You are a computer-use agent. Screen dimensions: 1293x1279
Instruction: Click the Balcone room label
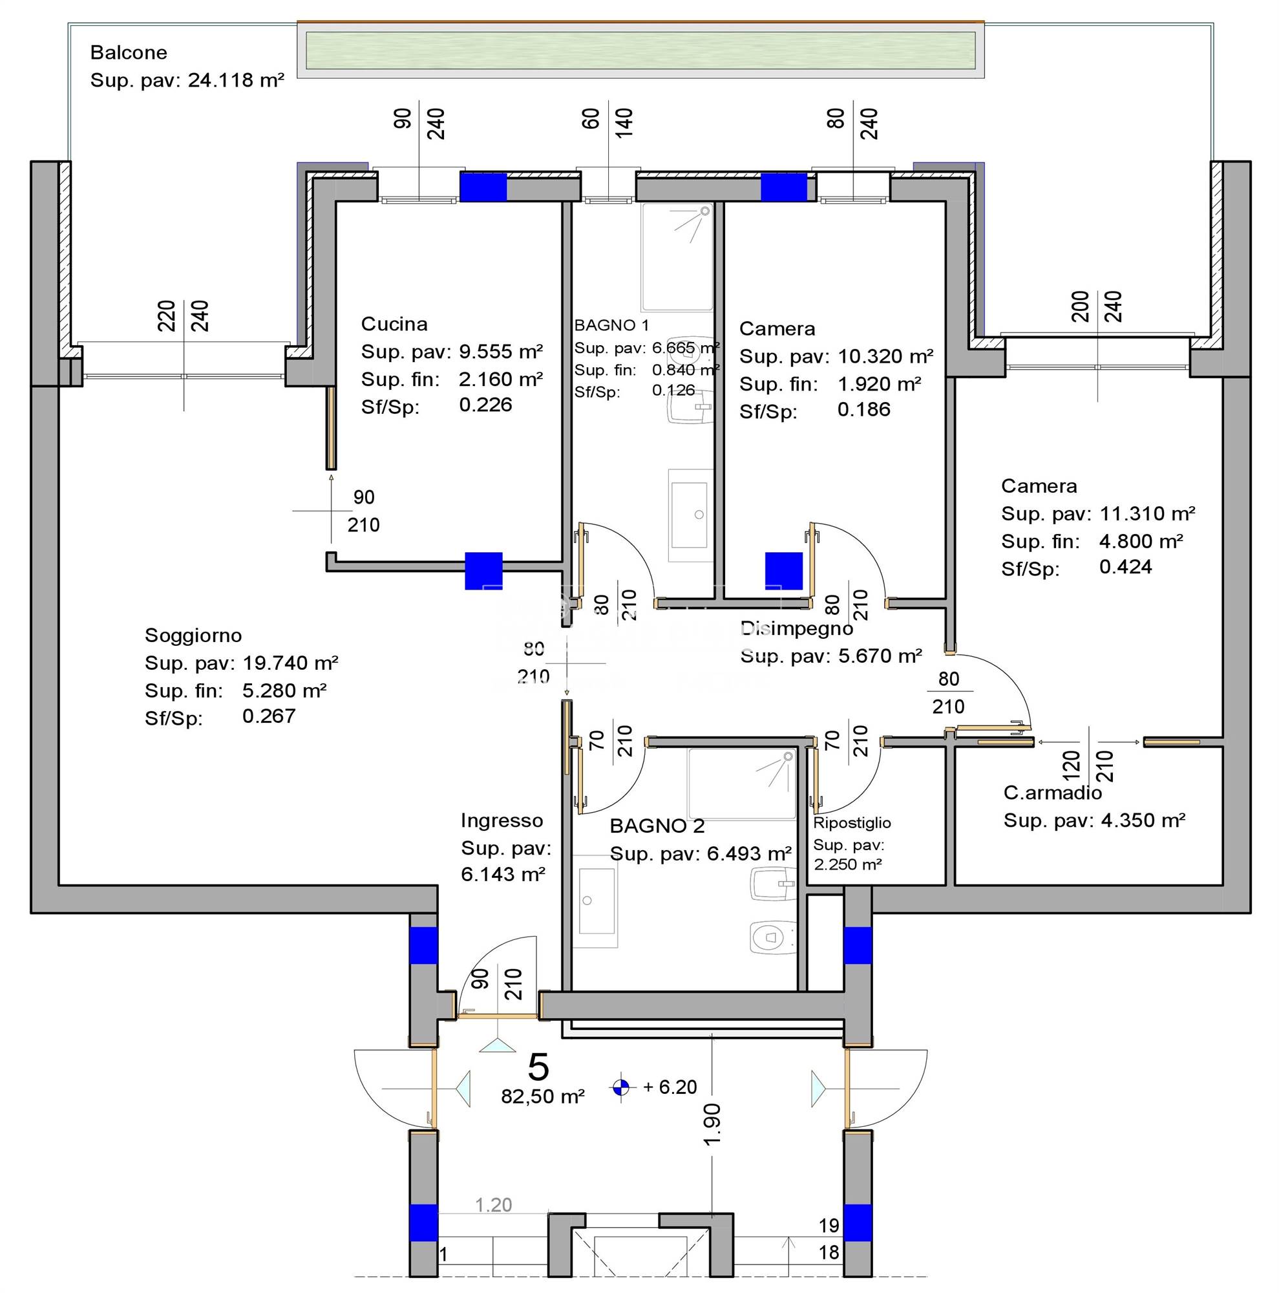point(129,52)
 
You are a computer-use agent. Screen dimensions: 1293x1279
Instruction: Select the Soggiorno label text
point(193,635)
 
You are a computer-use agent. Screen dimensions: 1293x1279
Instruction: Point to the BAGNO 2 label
point(657,826)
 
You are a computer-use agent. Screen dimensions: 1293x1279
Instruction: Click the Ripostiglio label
point(852,822)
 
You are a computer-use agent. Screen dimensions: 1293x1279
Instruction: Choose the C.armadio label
point(1052,793)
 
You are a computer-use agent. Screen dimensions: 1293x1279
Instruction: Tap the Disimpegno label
point(796,628)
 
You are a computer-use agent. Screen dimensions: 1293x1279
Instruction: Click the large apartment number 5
point(538,1067)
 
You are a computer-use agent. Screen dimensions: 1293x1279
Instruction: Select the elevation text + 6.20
point(670,1087)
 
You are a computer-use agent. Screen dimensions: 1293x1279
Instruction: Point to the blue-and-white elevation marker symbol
point(621,1087)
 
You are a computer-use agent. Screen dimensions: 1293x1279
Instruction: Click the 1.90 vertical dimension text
point(712,1124)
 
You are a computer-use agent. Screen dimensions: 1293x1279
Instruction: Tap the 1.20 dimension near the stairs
point(493,1204)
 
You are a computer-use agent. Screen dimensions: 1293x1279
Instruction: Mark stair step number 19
point(829,1225)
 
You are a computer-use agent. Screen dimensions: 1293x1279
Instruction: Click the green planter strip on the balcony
point(640,50)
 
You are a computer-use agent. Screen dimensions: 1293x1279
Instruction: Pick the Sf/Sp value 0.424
point(1125,567)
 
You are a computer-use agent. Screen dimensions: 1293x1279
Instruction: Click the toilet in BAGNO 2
point(771,937)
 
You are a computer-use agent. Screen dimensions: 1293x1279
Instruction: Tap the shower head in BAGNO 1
point(704,211)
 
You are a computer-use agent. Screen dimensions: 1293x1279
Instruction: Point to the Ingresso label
point(502,820)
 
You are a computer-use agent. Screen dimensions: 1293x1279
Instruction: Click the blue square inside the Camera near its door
point(783,571)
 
